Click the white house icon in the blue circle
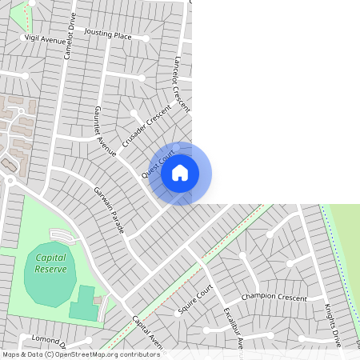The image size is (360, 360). click(180, 173)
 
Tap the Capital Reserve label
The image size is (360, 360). click(51, 263)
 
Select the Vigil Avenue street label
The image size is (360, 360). click(44, 38)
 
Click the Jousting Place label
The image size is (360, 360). click(107, 36)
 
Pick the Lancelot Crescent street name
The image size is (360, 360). click(182, 83)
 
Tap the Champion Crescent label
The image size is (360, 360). click(274, 297)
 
